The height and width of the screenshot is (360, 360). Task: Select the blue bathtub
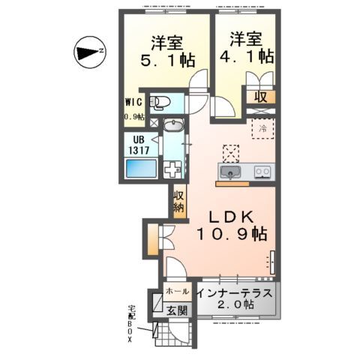tap(140, 169)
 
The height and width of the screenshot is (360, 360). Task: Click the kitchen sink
tap(230, 172)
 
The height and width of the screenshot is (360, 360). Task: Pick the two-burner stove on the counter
tap(262, 172)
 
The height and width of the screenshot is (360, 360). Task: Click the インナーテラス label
tap(237, 291)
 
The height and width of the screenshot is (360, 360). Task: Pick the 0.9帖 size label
tap(133, 117)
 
